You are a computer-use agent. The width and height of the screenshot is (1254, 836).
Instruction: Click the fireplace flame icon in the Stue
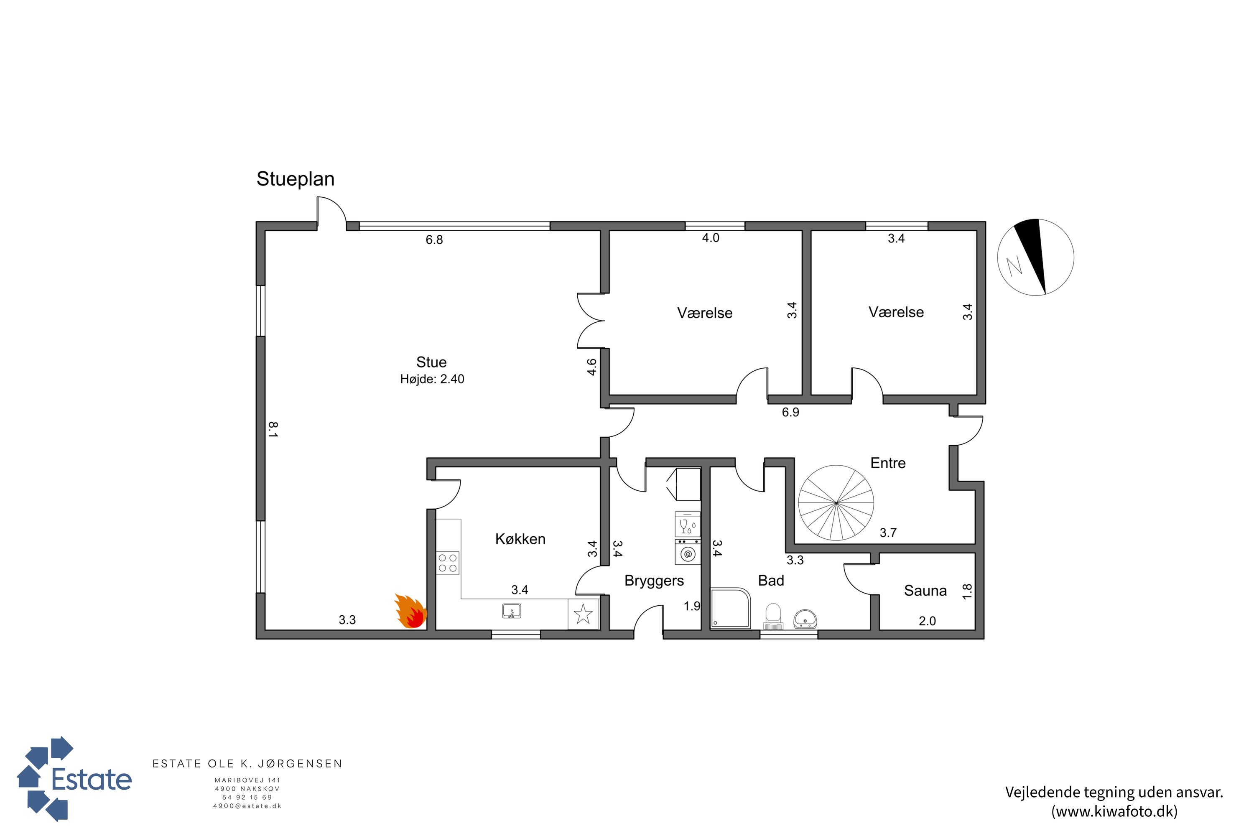pos(410,611)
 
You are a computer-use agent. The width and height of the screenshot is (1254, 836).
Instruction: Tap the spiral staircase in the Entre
pos(836,503)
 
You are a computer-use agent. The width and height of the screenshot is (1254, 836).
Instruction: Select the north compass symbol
pos(1035,257)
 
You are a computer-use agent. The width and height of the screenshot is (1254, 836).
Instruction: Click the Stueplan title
pos(296,179)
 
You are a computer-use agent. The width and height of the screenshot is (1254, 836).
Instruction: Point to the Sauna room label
pos(925,591)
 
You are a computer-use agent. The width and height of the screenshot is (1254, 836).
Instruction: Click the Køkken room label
pos(520,539)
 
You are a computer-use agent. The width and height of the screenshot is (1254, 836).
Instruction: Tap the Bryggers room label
pos(654,581)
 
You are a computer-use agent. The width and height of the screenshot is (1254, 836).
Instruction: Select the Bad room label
pos(771,581)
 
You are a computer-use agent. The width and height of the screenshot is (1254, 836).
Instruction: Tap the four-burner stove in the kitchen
pos(448,563)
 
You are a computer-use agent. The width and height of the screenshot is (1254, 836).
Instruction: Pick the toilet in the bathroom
pos(773,616)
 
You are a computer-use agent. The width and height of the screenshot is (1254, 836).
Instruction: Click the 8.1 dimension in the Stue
pos(273,430)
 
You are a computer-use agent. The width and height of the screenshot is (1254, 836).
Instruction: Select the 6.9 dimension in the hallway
pos(791,412)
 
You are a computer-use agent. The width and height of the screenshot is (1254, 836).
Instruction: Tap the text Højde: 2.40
pos(432,379)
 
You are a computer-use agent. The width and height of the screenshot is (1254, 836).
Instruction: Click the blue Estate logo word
pos(92,780)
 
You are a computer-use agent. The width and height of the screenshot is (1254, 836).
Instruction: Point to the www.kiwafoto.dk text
pos(1114,811)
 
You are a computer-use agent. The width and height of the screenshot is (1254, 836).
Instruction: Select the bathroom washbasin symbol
pos(805,619)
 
